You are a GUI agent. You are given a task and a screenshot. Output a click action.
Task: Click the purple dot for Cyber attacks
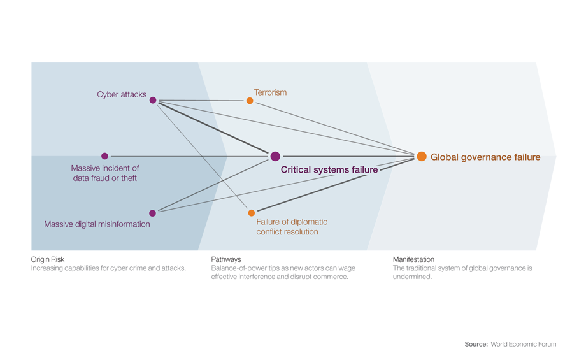coord(153,100)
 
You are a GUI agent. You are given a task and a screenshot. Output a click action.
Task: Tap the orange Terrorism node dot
coord(250,101)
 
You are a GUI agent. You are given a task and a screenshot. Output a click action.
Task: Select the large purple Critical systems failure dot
coord(275,156)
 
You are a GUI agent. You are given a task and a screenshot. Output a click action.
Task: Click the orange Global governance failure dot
coord(422,156)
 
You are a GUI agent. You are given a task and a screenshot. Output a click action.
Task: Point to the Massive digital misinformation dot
coord(152,213)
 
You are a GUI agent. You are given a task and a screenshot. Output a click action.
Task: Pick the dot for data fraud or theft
coord(105,156)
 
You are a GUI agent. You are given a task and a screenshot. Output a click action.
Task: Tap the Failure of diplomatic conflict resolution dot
coord(251,213)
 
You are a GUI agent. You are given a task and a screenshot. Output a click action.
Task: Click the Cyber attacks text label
coord(122,95)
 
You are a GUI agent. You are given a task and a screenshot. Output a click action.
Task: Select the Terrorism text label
coord(270,92)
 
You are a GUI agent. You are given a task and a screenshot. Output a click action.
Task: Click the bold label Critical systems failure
coord(329,170)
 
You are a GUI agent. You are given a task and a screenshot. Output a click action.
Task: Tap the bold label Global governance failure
coord(485,157)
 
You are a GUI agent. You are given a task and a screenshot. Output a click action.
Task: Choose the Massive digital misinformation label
coord(97,224)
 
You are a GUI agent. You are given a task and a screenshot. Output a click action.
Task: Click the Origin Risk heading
coord(48,260)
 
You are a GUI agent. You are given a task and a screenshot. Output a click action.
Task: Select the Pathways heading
coord(226,260)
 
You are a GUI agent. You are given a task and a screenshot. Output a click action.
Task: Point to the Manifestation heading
coord(413,260)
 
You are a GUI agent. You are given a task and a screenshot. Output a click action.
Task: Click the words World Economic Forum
coord(523,344)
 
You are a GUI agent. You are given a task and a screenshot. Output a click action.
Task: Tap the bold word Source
coord(475,344)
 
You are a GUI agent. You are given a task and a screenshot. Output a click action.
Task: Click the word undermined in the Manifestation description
coord(413,277)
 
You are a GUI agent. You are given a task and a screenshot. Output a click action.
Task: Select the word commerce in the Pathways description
coord(332,277)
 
